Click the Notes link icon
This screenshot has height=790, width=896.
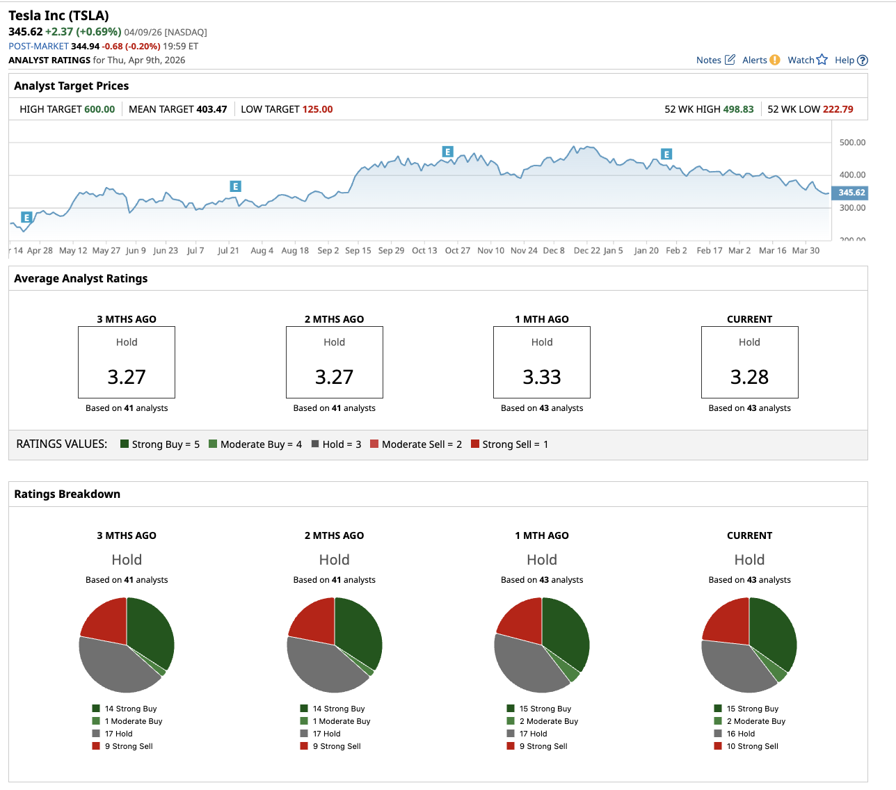pos(729,60)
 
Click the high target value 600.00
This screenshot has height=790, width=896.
pos(99,109)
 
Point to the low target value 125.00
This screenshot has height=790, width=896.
pos(317,109)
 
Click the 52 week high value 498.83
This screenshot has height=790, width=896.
pos(738,109)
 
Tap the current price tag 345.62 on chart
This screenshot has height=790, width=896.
pos(851,193)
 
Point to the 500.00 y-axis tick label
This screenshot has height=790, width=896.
pos(852,143)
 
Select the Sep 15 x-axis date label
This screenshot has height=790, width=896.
pos(358,250)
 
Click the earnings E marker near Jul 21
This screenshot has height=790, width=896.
pos(236,186)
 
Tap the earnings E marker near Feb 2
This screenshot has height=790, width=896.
pos(666,154)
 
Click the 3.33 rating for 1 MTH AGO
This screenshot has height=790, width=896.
pos(542,377)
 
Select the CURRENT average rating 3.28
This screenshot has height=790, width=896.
pos(749,377)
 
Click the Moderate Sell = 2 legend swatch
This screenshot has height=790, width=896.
pos(374,444)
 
